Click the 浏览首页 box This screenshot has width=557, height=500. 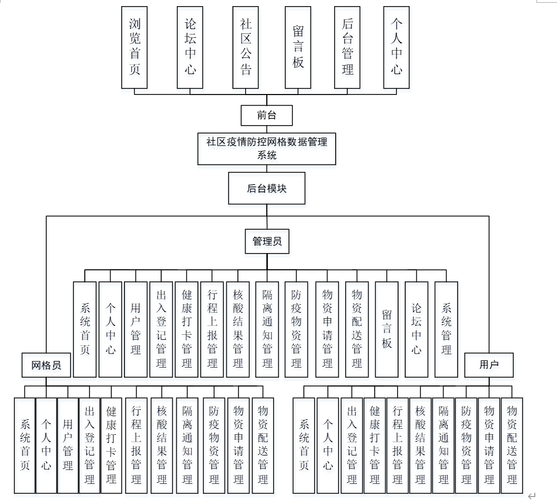coord(135,47)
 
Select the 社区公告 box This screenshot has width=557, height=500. coord(246,47)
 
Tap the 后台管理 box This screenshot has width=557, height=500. coord(347,47)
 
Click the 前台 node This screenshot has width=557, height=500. coord(266,116)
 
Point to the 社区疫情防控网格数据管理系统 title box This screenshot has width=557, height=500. coord(267,148)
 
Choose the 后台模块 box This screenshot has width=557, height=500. coord(267,189)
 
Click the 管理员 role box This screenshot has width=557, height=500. coord(267,241)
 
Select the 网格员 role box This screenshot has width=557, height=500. coord(46,365)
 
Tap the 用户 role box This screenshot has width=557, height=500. coord(489,365)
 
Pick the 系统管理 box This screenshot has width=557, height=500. coord(446,329)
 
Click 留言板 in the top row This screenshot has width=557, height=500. coord(298,47)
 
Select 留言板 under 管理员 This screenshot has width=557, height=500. coord(387,329)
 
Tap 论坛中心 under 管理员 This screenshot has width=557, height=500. coord(416,329)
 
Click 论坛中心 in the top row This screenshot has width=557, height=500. coord(190,47)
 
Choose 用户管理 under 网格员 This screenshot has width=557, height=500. coord(68,445)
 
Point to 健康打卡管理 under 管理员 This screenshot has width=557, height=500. coord(187,329)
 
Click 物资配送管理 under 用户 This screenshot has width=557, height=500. coord(512,445)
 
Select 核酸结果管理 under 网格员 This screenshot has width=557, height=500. coord(162,445)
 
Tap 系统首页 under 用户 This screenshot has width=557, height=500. coord(304,445)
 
